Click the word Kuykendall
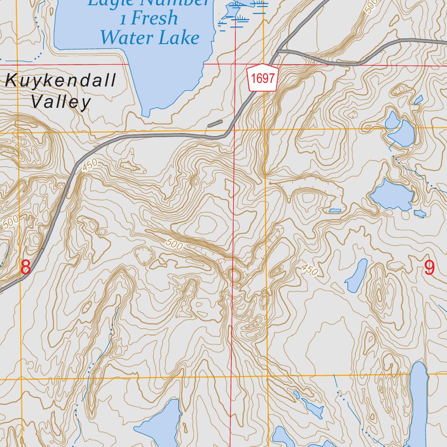coord(61,81)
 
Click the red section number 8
coord(26,267)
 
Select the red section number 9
coord(430,268)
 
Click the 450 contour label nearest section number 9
coord(309,270)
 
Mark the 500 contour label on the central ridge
coord(174,244)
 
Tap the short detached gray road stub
coord(215,124)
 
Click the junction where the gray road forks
coord(278,51)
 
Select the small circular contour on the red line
coord(234,275)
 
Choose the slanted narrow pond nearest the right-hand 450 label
coord(357,275)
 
